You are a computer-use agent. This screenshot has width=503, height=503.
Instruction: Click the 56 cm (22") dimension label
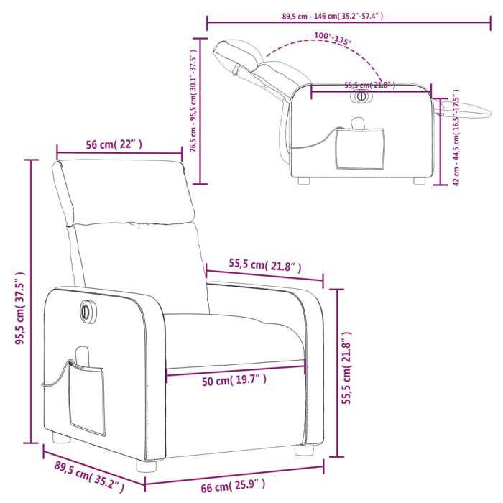(115, 144)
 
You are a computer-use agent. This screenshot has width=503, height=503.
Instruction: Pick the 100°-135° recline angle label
(333, 39)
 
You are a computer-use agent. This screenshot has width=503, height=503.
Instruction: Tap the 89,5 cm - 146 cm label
(331, 15)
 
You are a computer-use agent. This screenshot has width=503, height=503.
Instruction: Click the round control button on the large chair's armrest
(85, 310)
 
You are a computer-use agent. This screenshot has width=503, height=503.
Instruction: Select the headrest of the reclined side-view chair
(237, 54)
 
